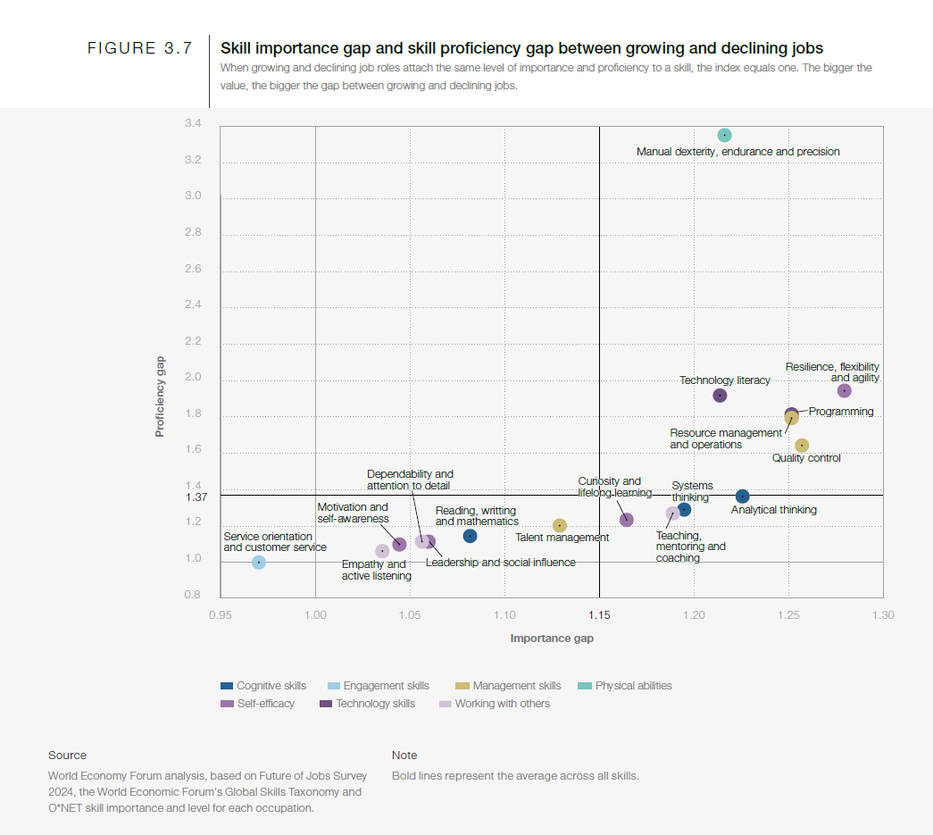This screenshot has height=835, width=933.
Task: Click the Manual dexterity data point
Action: tap(725, 136)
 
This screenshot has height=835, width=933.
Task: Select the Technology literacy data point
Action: tap(720, 396)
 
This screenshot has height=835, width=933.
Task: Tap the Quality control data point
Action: tap(802, 446)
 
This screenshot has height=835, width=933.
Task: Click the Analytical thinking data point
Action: tap(742, 497)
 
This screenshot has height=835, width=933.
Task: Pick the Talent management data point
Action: tap(560, 526)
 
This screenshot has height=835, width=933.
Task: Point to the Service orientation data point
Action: tap(259, 563)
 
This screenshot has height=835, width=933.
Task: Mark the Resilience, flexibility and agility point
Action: tap(844, 391)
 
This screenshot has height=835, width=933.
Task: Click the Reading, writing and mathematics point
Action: tap(470, 536)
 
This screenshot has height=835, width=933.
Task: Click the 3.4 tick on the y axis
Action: tap(193, 123)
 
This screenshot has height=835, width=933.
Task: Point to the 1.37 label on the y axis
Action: tap(196, 497)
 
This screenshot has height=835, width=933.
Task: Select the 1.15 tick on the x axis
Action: tap(599, 615)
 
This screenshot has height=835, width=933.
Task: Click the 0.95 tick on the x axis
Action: tap(221, 615)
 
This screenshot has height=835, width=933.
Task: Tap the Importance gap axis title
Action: tap(552, 639)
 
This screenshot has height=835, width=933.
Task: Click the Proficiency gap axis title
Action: tap(160, 397)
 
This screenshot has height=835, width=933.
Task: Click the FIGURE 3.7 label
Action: tap(139, 49)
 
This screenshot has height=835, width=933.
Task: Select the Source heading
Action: tap(68, 756)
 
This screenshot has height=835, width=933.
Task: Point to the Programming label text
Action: tap(841, 412)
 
